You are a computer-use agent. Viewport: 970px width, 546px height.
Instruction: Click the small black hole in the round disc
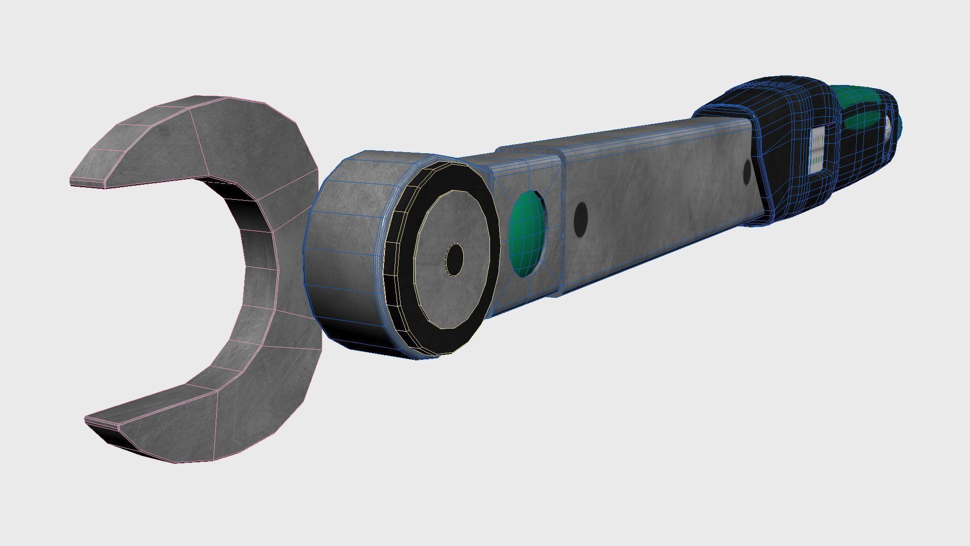(x=455, y=259)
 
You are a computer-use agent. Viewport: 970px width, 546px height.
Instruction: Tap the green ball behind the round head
(x=527, y=234)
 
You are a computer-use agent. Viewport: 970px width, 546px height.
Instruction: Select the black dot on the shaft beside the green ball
(x=581, y=219)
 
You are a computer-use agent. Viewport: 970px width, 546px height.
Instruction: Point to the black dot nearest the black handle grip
(x=747, y=172)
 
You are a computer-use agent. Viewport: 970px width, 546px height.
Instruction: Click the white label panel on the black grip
(x=817, y=148)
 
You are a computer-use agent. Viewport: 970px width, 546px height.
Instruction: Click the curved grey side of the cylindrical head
(x=344, y=253)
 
